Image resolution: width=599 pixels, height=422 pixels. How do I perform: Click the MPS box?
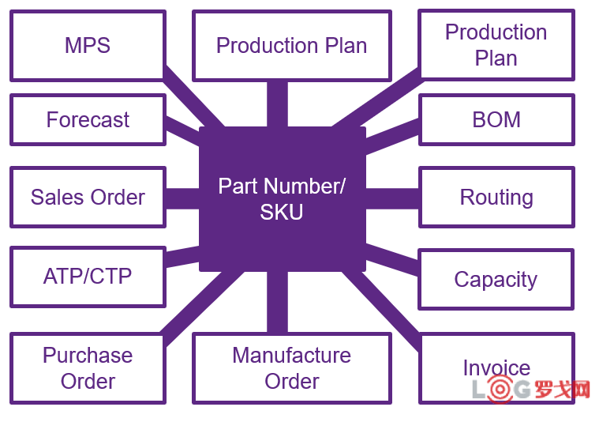click(x=88, y=45)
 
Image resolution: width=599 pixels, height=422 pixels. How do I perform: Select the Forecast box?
click(x=88, y=119)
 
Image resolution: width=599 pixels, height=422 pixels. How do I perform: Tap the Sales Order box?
click(x=88, y=197)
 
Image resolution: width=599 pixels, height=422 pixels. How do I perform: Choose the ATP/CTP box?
click(x=88, y=277)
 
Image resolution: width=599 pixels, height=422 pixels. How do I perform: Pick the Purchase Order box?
click(x=88, y=367)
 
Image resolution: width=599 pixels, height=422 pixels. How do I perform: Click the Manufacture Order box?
click(x=291, y=367)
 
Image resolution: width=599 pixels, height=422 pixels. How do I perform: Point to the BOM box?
click(x=496, y=119)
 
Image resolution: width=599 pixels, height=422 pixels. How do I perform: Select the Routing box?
click(x=496, y=197)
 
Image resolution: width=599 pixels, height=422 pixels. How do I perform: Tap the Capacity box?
click(x=496, y=279)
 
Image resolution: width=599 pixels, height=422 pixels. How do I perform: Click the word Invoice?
click(x=496, y=367)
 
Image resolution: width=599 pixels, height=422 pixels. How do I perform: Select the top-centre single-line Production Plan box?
click(x=291, y=45)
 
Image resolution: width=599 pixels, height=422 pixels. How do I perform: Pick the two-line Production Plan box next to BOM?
click(x=496, y=45)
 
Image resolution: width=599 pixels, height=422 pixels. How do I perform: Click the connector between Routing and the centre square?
click(x=391, y=198)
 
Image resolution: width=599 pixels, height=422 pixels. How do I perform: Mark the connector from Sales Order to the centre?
click(x=182, y=198)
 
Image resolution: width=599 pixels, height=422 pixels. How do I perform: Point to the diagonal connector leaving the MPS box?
click(x=189, y=99)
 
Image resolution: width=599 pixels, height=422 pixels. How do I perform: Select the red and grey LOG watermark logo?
click(x=530, y=390)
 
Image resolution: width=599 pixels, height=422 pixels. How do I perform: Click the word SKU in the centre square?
click(x=282, y=212)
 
